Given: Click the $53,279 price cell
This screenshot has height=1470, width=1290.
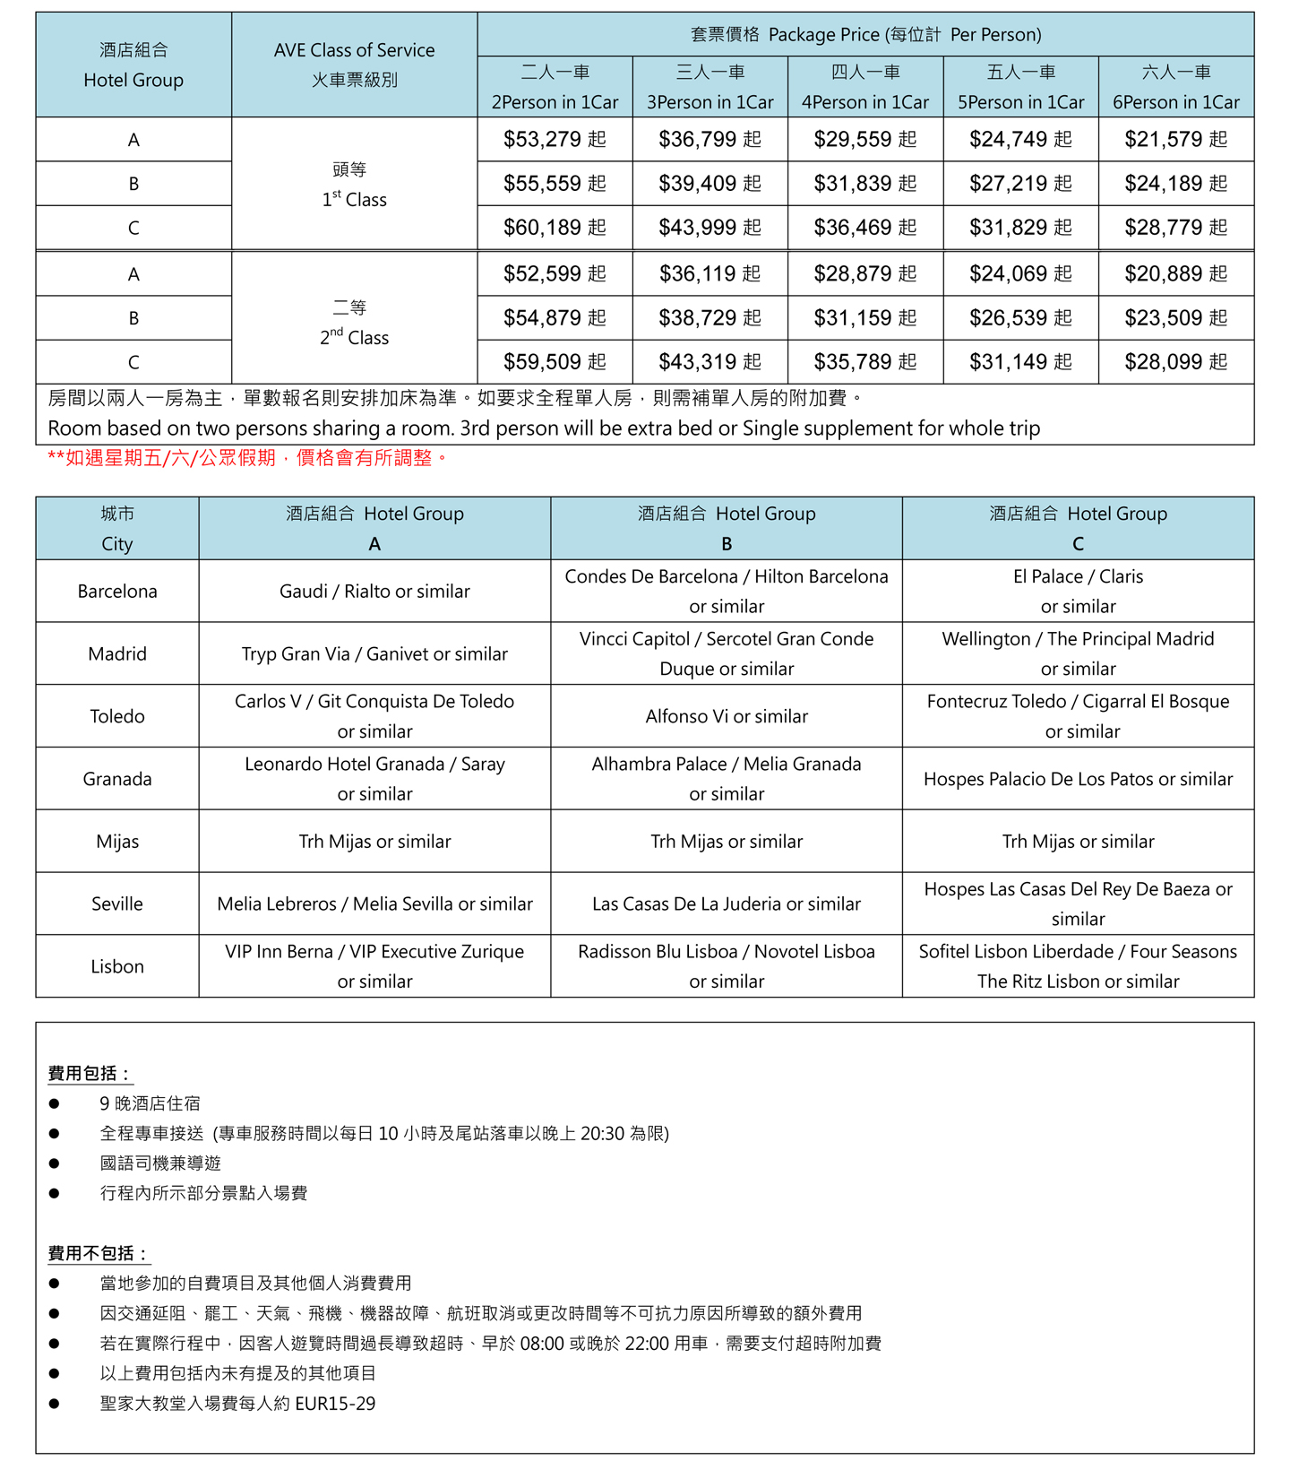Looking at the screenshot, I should [x=555, y=139].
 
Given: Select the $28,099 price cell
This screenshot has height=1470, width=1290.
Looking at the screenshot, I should [x=1175, y=362].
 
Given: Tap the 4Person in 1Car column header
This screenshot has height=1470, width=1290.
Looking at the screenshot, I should [x=864, y=87].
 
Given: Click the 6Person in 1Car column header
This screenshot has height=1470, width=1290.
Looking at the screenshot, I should [x=1175, y=87].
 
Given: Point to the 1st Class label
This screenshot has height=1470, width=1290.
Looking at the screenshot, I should [x=354, y=199].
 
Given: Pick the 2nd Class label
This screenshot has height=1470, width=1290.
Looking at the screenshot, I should [x=354, y=337].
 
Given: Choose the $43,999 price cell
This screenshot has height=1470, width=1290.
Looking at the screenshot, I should [x=709, y=228].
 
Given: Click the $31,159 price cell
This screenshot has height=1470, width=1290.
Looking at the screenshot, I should [x=864, y=317].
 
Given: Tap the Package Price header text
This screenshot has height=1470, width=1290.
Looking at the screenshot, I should [x=865, y=35].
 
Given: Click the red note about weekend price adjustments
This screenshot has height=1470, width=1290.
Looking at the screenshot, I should [x=247, y=458].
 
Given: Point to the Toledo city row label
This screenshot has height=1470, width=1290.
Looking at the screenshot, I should [x=117, y=716].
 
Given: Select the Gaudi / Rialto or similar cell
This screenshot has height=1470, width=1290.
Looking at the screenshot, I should [x=374, y=592].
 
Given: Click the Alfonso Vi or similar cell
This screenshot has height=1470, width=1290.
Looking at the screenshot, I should [x=727, y=716].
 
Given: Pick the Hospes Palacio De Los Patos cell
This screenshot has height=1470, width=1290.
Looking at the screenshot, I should [x=1078, y=779].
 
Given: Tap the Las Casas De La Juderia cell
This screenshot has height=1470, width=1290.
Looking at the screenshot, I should [x=727, y=904].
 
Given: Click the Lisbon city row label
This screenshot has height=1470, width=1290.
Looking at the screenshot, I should [x=117, y=966].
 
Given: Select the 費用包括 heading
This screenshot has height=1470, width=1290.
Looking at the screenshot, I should [x=90, y=1073].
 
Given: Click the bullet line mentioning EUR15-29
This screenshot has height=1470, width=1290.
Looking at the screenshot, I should [x=237, y=1404].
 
